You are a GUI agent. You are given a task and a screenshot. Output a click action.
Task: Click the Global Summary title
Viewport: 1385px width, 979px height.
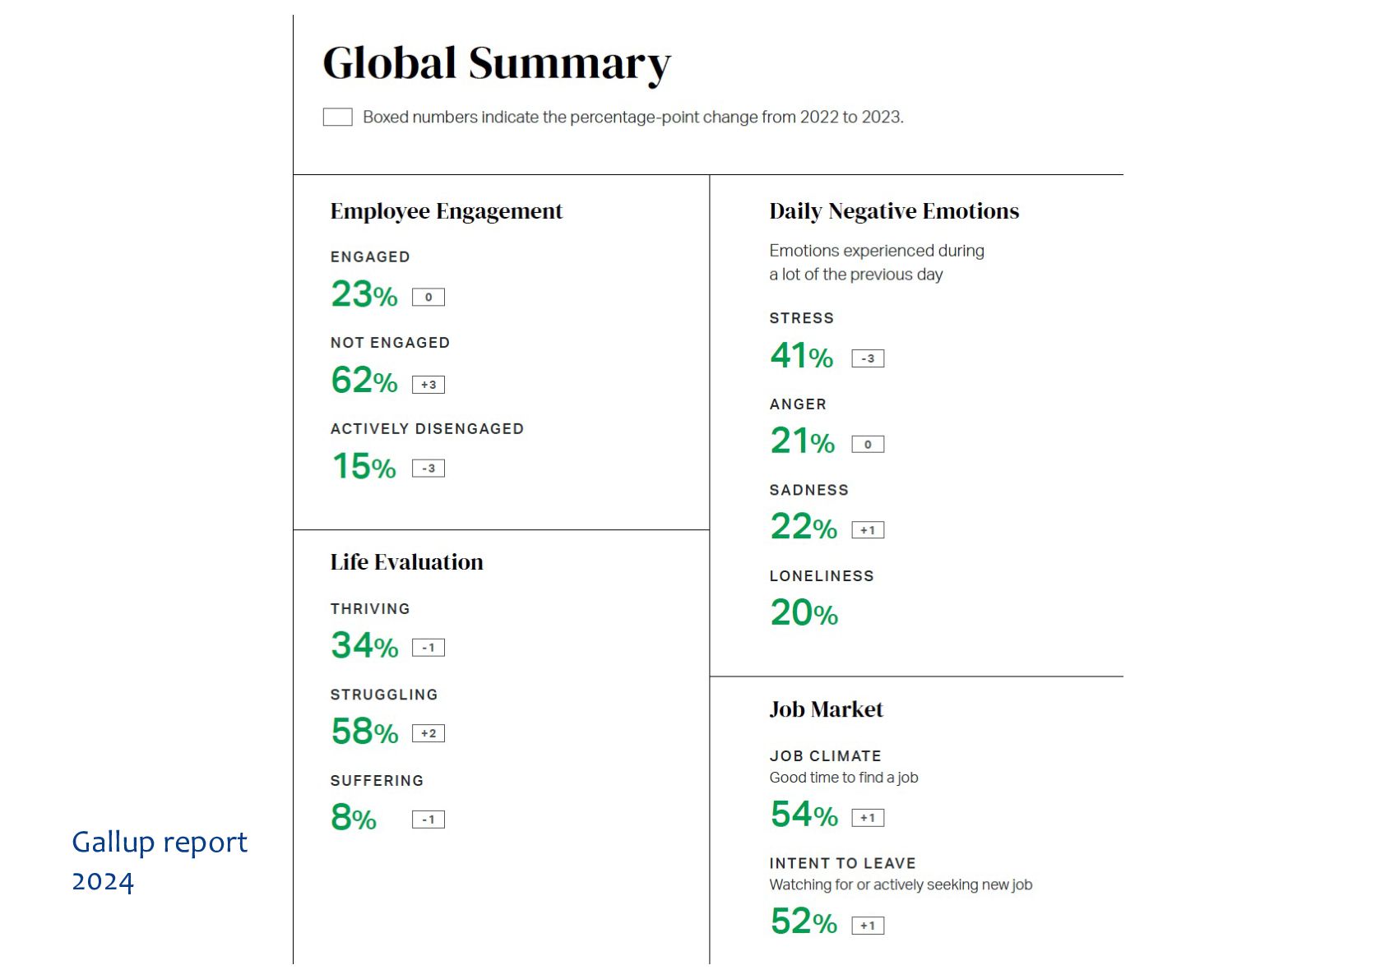coord(496,63)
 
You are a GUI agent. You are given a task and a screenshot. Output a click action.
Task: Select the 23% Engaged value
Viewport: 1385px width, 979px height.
coord(364,294)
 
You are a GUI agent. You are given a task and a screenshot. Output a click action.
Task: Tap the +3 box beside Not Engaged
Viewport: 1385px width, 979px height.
coord(428,385)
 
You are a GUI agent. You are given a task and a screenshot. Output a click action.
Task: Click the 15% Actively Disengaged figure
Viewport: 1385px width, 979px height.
coord(364,466)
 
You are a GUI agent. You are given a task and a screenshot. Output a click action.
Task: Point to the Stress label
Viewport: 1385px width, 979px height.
coord(801,318)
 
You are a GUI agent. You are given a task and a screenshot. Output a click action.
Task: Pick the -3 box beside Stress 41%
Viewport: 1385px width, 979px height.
coord(868,358)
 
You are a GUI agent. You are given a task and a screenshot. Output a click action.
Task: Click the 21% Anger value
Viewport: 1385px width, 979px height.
coord(802,441)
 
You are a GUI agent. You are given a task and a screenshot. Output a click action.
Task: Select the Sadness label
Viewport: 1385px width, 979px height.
coord(808,490)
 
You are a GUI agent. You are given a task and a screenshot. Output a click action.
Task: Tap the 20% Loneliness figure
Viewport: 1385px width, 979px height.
coord(804,612)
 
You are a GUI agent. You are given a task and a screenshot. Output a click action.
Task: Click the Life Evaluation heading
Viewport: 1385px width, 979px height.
coord(406,562)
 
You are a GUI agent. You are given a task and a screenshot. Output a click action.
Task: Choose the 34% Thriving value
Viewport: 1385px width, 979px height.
coord(364,645)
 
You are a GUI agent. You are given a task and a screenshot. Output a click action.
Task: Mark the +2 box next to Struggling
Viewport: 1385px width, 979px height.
coord(428,733)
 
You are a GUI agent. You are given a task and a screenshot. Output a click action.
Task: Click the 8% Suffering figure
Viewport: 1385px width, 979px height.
coord(354,817)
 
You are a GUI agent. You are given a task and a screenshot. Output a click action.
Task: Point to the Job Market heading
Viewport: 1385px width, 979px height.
coord(826,709)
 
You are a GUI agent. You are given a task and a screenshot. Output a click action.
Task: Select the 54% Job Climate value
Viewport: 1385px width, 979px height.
coord(804,815)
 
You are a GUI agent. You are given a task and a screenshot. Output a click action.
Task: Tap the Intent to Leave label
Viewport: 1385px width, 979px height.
coord(842,863)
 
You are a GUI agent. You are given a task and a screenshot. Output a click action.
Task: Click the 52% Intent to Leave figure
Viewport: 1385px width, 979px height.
coord(804,921)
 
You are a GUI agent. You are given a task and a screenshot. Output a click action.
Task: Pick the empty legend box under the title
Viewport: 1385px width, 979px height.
coord(337,117)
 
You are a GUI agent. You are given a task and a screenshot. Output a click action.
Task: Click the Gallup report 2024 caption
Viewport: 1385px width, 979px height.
coord(159,861)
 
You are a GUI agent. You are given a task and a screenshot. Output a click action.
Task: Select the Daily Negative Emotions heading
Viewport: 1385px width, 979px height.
coord(894,211)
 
